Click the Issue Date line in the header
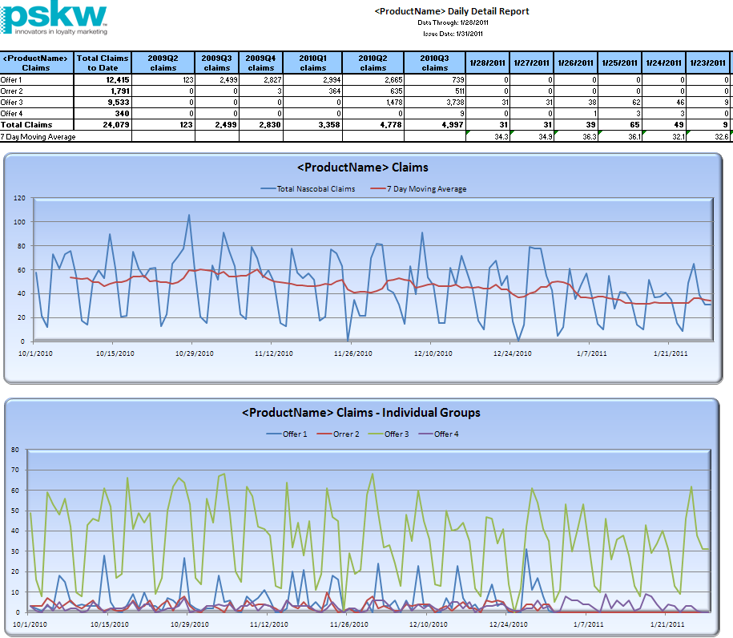click(x=451, y=34)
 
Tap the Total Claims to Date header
click(x=103, y=63)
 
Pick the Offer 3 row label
click(x=12, y=102)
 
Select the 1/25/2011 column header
click(x=620, y=63)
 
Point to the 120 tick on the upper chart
click(x=18, y=197)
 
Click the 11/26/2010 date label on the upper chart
click(x=353, y=353)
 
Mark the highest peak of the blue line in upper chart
click(x=189, y=215)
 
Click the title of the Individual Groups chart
click(x=360, y=412)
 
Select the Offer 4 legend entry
click(x=446, y=434)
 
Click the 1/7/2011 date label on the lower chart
click(x=590, y=624)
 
